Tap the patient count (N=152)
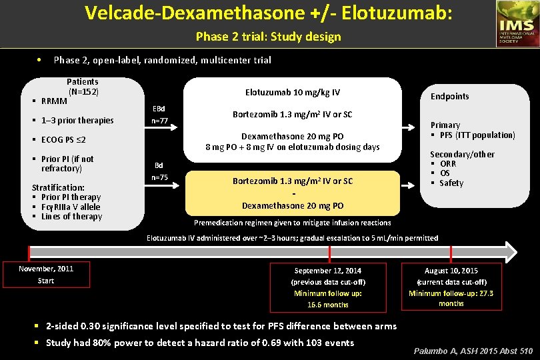[x=83, y=91]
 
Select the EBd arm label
[x=159, y=109]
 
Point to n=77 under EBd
[x=159, y=121]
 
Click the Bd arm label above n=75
[x=159, y=165]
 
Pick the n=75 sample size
[x=159, y=177]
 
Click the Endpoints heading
[x=449, y=96]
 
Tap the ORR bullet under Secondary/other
[x=448, y=164]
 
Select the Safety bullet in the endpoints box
[x=451, y=183]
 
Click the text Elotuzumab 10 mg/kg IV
[x=293, y=92]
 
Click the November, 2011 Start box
[x=46, y=275]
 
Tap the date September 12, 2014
[x=328, y=271]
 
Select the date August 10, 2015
[x=451, y=271]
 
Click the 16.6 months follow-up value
[x=328, y=305]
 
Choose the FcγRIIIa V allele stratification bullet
[x=71, y=207]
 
